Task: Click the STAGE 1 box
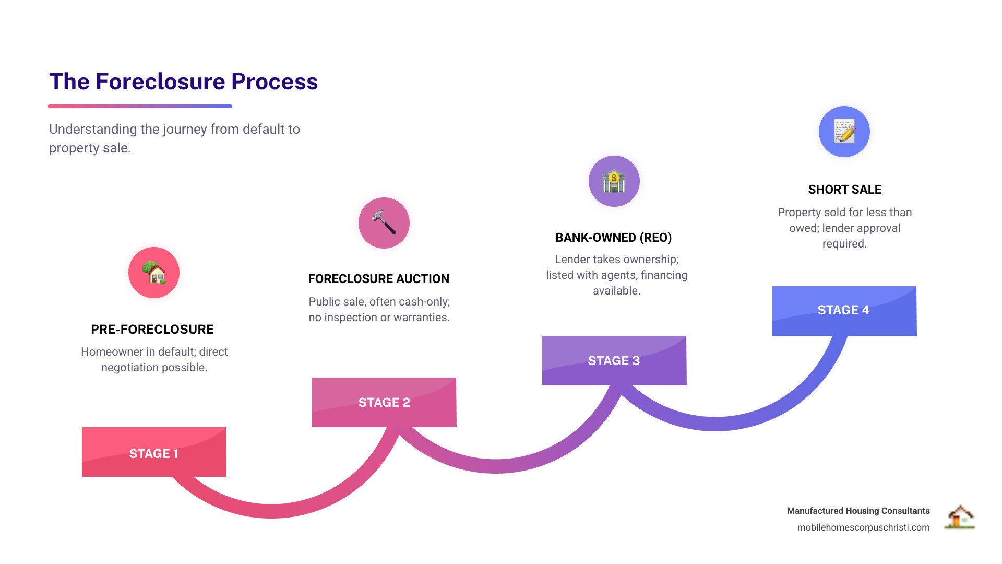tap(154, 452)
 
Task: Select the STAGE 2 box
tap(384, 402)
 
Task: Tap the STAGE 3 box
tap(614, 360)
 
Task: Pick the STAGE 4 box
tap(844, 311)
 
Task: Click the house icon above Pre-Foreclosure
tap(154, 273)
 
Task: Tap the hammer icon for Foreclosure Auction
tap(384, 223)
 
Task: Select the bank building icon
tap(614, 181)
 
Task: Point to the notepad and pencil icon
tap(844, 132)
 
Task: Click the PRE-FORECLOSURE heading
tap(152, 330)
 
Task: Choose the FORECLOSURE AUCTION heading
tap(379, 279)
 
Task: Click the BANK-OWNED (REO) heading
tap(614, 238)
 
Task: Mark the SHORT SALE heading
tap(845, 190)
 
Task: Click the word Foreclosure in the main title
tap(160, 81)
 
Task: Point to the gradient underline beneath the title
tap(140, 107)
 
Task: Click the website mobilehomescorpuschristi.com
tap(864, 527)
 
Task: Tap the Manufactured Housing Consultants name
tap(858, 511)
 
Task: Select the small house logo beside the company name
tap(960, 517)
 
